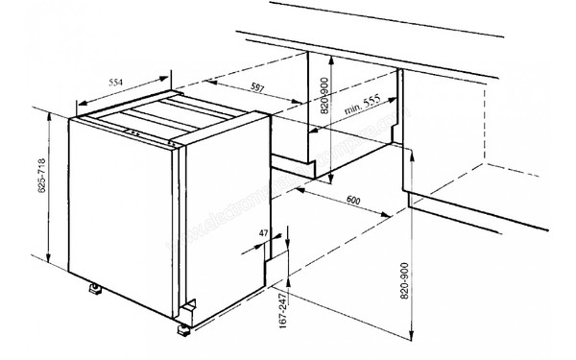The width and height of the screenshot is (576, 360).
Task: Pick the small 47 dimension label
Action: pyautogui.click(x=264, y=232)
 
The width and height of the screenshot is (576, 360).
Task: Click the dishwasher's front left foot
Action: pyautogui.click(x=98, y=287)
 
